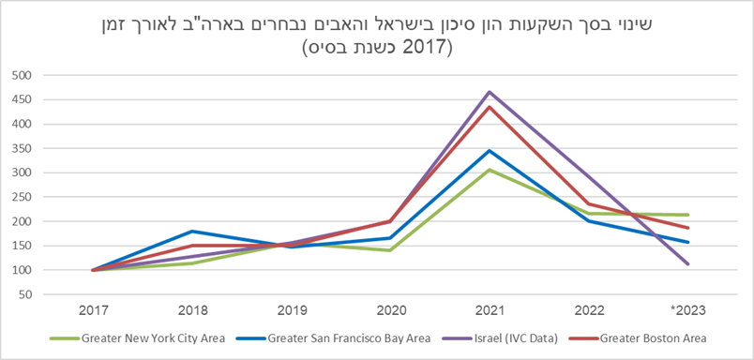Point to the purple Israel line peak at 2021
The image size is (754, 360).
tap(489, 92)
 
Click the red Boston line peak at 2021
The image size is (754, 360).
tap(489, 107)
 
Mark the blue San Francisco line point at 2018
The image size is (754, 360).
tap(191, 232)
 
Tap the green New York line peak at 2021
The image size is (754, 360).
tap(489, 170)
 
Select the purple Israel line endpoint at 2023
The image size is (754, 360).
tap(686, 264)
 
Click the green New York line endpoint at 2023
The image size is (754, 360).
tap(686, 215)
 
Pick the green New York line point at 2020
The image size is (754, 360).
tap(389, 250)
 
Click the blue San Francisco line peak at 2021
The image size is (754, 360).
tap(489, 151)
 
